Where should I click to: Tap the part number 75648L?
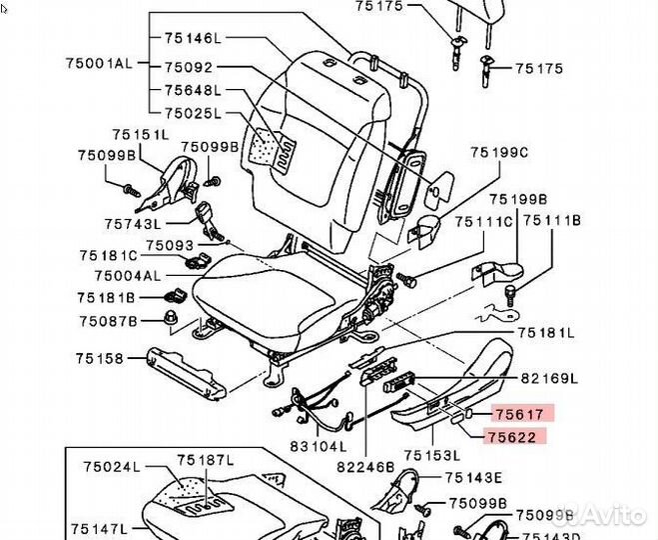(x=193, y=88)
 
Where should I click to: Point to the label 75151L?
(x=141, y=134)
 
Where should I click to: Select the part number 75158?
(x=102, y=357)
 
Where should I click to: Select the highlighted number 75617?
(x=517, y=412)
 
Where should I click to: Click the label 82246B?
(x=365, y=464)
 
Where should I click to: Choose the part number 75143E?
(x=473, y=478)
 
